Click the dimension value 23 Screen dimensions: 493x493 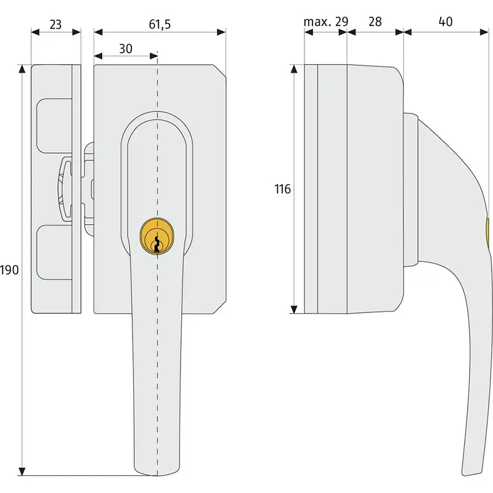click(55, 25)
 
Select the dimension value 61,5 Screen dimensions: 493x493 click(160, 24)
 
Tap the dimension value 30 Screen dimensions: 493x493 click(126, 49)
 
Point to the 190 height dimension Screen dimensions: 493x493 click(9, 270)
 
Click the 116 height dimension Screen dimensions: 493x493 click(282, 189)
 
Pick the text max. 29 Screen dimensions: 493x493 click(326, 22)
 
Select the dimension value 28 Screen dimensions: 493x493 click(375, 22)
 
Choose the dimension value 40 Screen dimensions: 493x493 click(446, 22)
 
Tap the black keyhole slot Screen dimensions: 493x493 click(157, 246)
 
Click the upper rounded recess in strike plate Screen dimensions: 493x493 click(54, 126)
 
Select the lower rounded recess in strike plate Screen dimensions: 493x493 click(54, 252)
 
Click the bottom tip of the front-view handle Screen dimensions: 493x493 click(157, 475)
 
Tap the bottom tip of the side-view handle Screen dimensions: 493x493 click(471, 474)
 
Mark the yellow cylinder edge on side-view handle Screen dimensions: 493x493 click(488, 232)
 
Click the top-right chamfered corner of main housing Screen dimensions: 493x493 click(219, 71)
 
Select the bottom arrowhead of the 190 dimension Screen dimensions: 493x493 click(22, 471)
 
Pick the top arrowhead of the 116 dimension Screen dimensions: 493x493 click(294, 69)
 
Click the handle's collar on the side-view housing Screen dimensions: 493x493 click(410, 190)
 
